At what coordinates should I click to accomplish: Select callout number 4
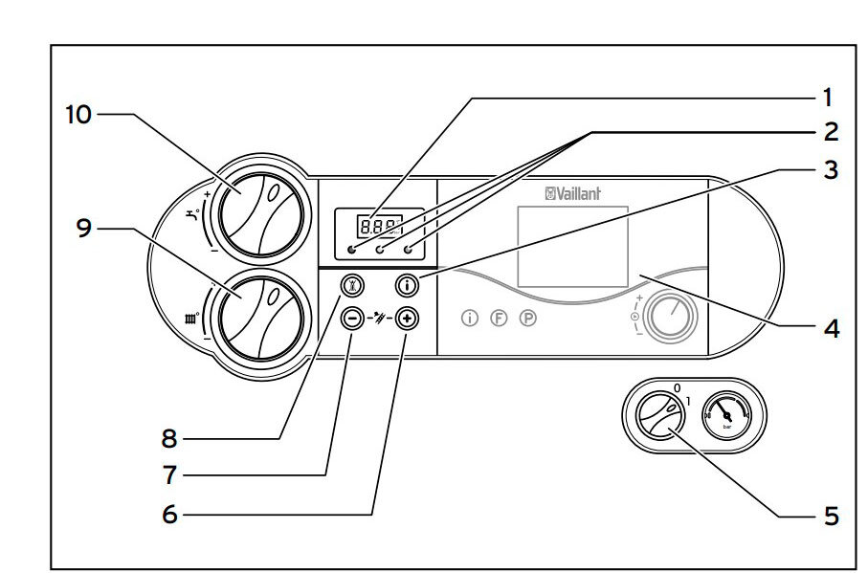click(x=830, y=329)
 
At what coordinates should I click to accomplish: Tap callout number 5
click(x=830, y=517)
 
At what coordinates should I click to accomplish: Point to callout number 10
click(x=78, y=114)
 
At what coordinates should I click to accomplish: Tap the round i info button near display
click(x=408, y=284)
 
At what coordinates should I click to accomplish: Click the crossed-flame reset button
click(x=353, y=284)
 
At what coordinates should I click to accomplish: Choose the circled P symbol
click(x=526, y=319)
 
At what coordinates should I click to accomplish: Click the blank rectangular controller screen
click(x=572, y=246)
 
